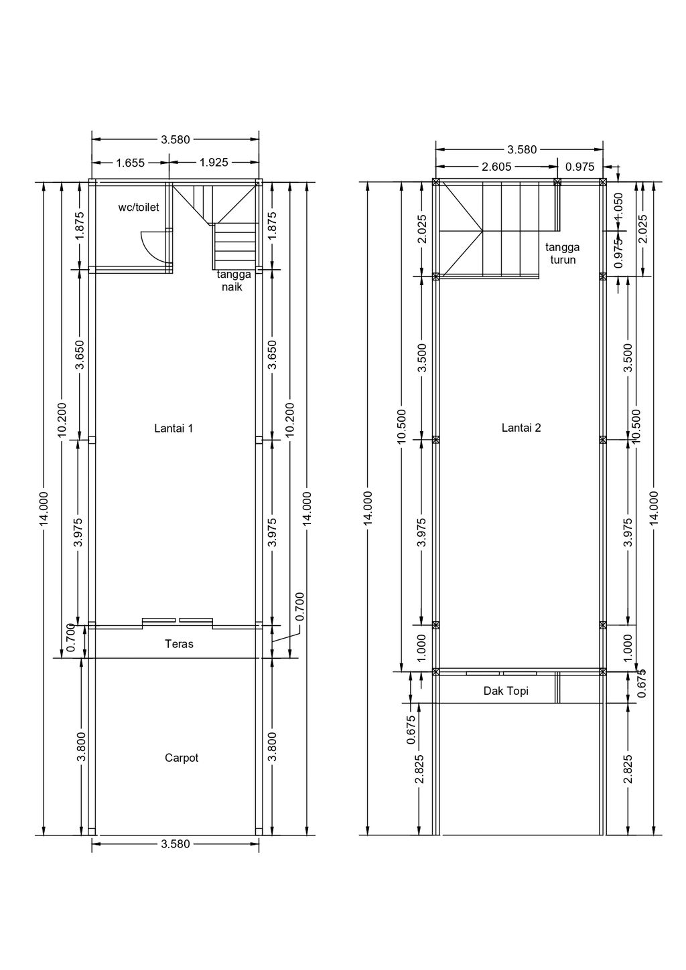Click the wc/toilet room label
coord(139,207)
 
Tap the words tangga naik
coord(234,280)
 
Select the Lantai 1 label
coord(174,428)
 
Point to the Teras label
coord(179,644)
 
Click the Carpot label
coord(182,758)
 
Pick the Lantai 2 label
coord(521,428)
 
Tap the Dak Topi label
coord(506,691)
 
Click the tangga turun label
coord(563,253)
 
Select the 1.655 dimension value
coord(130,163)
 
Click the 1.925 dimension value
coord(214,163)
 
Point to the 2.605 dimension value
coord(496,167)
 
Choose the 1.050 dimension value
coord(618,207)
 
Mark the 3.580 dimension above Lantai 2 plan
coord(522,150)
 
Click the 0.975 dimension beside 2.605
coord(580,167)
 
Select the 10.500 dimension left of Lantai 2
coord(402,426)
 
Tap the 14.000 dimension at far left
coord(44,509)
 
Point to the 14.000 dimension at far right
coord(654,508)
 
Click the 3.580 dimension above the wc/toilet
coord(176,139)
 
